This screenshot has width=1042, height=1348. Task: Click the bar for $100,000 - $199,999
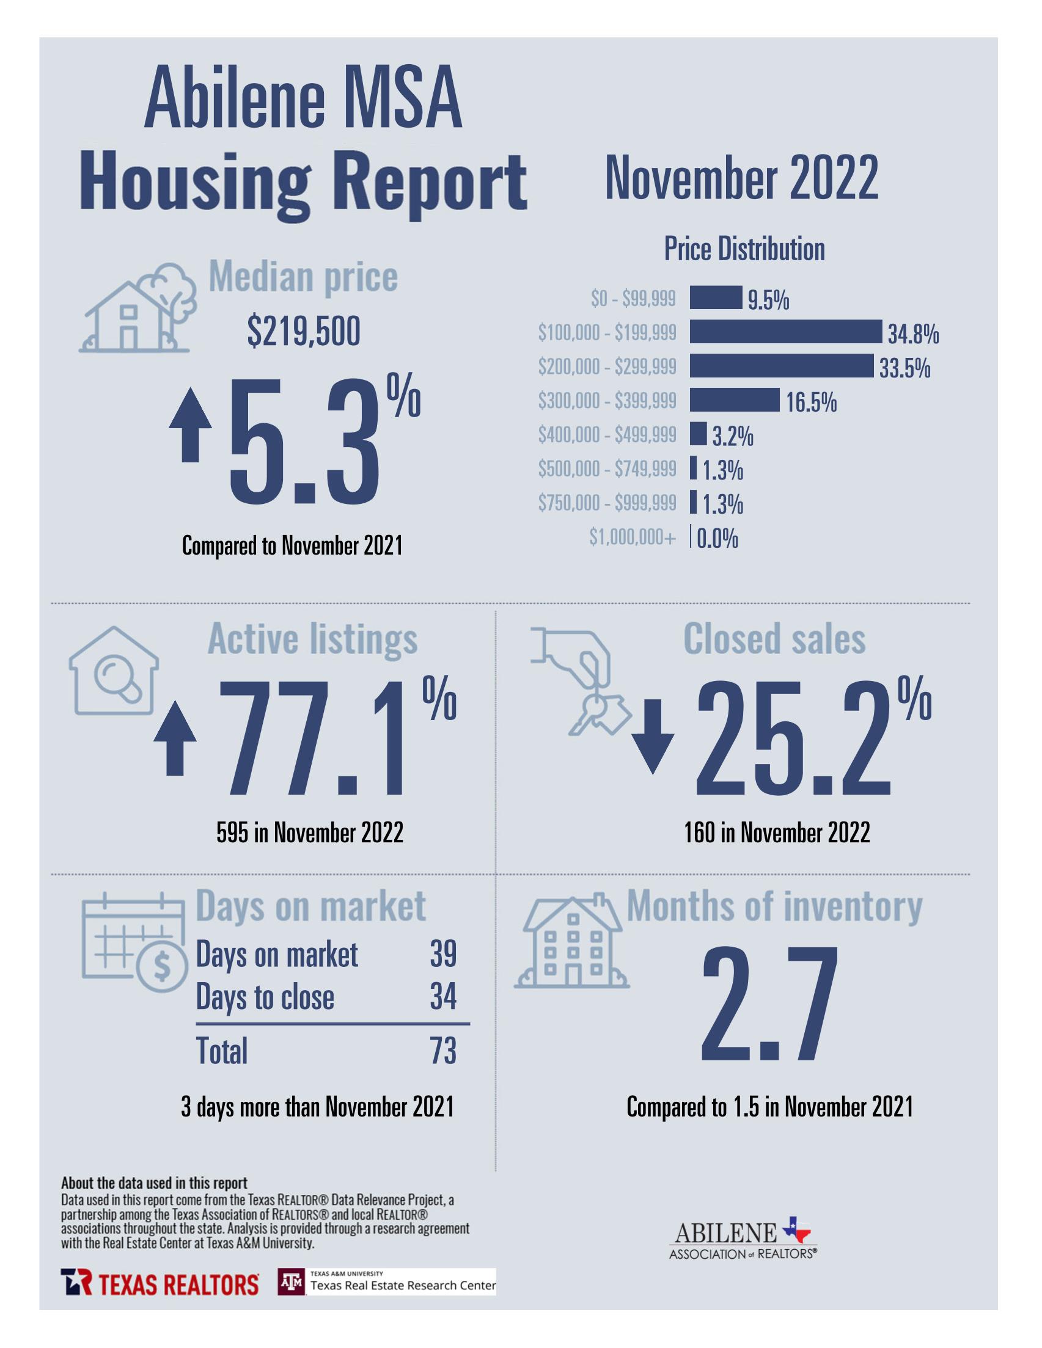coord(785,332)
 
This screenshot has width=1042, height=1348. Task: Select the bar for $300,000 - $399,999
coord(734,400)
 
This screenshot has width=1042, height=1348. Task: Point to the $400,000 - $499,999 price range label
coord(606,434)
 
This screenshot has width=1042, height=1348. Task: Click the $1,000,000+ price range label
coord(632,537)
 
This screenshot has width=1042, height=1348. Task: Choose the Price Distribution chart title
coord(744,249)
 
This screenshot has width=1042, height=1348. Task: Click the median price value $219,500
coord(303,333)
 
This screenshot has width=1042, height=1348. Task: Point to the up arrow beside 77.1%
coord(175,738)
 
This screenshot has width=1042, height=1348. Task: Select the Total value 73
coord(443,1051)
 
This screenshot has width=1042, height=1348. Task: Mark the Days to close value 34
coord(443,996)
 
